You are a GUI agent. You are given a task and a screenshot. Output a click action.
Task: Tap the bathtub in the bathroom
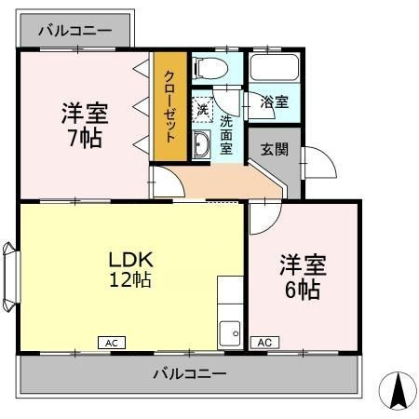pos(275,68)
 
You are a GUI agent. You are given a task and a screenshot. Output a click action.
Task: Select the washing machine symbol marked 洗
pos(202,110)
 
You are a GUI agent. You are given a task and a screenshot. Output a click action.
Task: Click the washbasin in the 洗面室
pos(201,144)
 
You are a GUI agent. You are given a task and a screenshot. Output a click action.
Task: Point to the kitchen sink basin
pos(230,333)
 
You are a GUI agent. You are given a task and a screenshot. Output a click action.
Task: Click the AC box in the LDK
pos(112,343)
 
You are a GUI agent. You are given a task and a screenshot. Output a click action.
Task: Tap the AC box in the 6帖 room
pos(264,343)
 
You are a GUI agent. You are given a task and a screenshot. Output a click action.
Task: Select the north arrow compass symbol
pos(398,390)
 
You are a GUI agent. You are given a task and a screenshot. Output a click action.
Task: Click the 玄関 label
pos(275,150)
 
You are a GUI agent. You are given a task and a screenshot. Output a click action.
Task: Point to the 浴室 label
pos(275,101)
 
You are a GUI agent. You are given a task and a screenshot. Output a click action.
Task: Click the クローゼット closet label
pos(170,106)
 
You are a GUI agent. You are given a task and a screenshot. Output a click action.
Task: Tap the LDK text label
pos(131,260)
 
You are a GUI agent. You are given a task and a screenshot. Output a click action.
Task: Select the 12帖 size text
pos(130,280)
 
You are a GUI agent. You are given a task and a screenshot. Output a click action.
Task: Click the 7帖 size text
pos(85,139)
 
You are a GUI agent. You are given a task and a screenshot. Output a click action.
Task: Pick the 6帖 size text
pos(303,290)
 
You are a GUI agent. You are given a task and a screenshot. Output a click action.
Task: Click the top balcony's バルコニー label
pos(75,31)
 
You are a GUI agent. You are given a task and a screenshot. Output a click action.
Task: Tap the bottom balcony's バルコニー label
pos(190,373)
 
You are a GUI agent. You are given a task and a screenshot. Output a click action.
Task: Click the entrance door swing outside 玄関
pos(319,162)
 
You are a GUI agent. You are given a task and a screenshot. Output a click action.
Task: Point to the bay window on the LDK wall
pos(11,277)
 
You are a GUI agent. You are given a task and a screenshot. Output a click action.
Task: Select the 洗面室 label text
pos(226,135)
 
